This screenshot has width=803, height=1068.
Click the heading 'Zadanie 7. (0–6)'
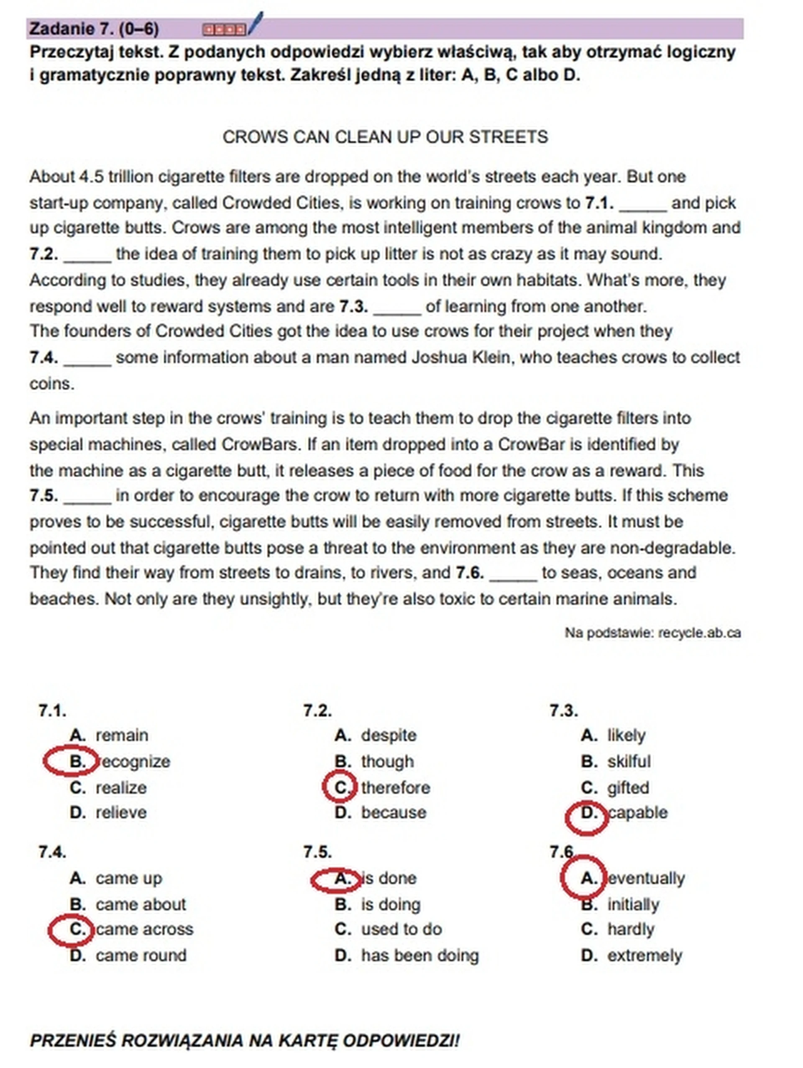[x=94, y=29]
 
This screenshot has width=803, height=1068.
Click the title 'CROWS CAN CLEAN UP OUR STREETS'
[x=385, y=137]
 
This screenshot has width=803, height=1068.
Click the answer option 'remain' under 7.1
[x=122, y=735]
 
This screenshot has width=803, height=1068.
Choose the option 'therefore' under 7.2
[x=395, y=788]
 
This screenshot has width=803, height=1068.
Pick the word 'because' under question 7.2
[x=393, y=813]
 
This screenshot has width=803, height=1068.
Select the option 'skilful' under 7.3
[x=628, y=761]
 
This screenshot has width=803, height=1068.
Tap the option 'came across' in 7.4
[x=144, y=929]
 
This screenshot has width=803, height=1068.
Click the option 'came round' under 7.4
[x=141, y=955]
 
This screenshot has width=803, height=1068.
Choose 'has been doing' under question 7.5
[x=420, y=955]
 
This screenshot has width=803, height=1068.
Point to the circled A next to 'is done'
[x=336, y=879]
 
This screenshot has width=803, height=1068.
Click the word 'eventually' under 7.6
[x=646, y=878]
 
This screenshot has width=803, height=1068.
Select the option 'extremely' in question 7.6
[x=644, y=955]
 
